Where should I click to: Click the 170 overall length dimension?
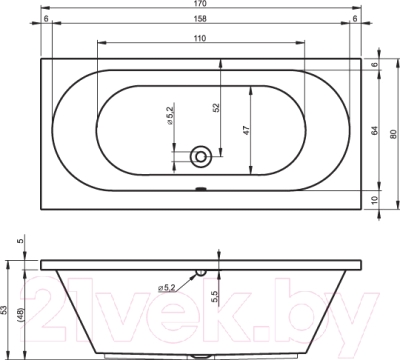200,4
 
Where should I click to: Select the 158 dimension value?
200,19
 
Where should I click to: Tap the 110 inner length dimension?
200,38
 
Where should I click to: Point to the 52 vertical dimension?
216,107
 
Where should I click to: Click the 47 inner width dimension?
246,130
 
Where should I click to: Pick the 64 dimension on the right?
375,130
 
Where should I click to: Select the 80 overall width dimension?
394,134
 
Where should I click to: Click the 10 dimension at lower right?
375,200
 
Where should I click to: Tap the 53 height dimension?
4,310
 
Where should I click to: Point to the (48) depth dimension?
19,315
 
